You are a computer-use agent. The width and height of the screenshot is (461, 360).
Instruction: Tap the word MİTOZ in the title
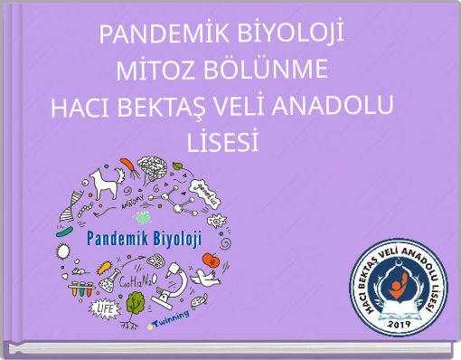click(153, 71)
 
